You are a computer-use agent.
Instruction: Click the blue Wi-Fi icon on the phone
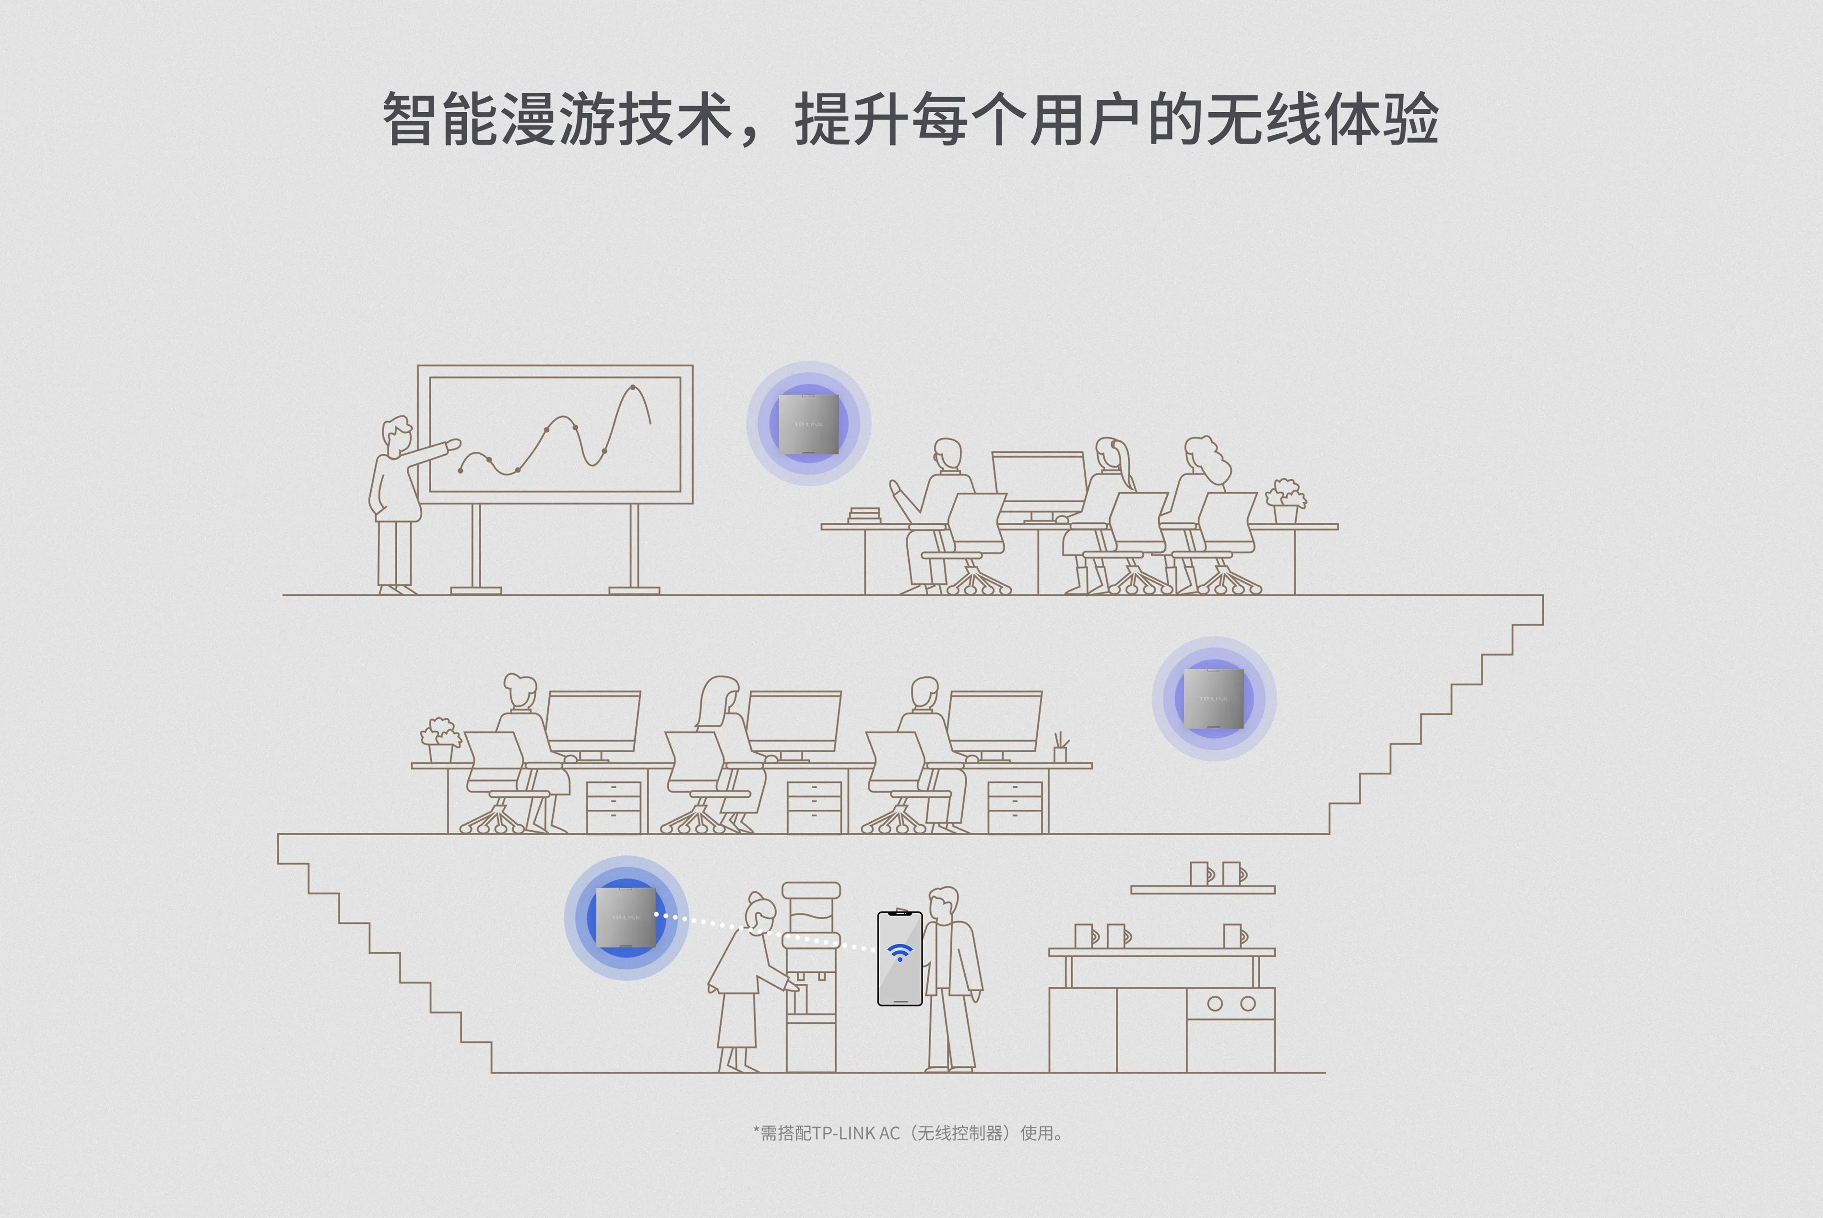(900, 952)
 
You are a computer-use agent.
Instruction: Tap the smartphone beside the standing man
(900, 958)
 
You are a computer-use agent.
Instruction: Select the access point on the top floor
(808, 423)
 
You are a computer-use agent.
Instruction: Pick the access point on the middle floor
(1213, 698)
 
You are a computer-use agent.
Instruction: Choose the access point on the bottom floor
(626, 917)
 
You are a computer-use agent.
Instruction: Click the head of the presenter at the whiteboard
(397, 436)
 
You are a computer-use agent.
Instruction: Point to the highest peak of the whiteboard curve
(633, 387)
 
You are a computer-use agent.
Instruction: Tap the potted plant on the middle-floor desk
(440, 740)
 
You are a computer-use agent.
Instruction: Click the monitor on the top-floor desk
(1039, 482)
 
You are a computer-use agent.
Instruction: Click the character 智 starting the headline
(409, 119)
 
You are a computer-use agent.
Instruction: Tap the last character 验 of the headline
(1410, 119)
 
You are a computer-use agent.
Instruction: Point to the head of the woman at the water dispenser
(758, 909)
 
